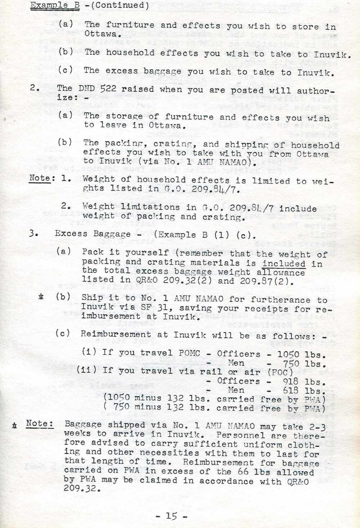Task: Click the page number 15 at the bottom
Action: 171,516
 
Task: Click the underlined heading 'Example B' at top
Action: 55,5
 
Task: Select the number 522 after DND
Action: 108,89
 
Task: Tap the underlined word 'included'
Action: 284,263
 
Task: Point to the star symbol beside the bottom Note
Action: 14,425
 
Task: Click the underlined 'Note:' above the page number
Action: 40,423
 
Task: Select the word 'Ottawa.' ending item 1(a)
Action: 101,34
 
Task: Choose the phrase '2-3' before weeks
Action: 318,427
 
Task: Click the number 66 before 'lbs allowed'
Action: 244,472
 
